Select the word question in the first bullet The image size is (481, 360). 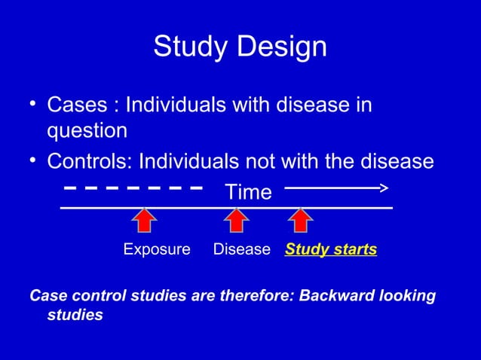click(x=87, y=131)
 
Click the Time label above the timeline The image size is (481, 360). click(x=249, y=193)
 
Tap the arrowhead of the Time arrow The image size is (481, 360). click(x=383, y=188)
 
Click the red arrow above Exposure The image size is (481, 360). click(x=144, y=220)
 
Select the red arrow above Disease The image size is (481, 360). click(x=237, y=220)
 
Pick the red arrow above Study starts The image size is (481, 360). click(x=301, y=220)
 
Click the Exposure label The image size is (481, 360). click(x=157, y=249)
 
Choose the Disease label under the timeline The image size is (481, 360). click(x=241, y=249)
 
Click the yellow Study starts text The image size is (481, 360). click(x=331, y=249)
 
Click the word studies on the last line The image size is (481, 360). click(x=75, y=315)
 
